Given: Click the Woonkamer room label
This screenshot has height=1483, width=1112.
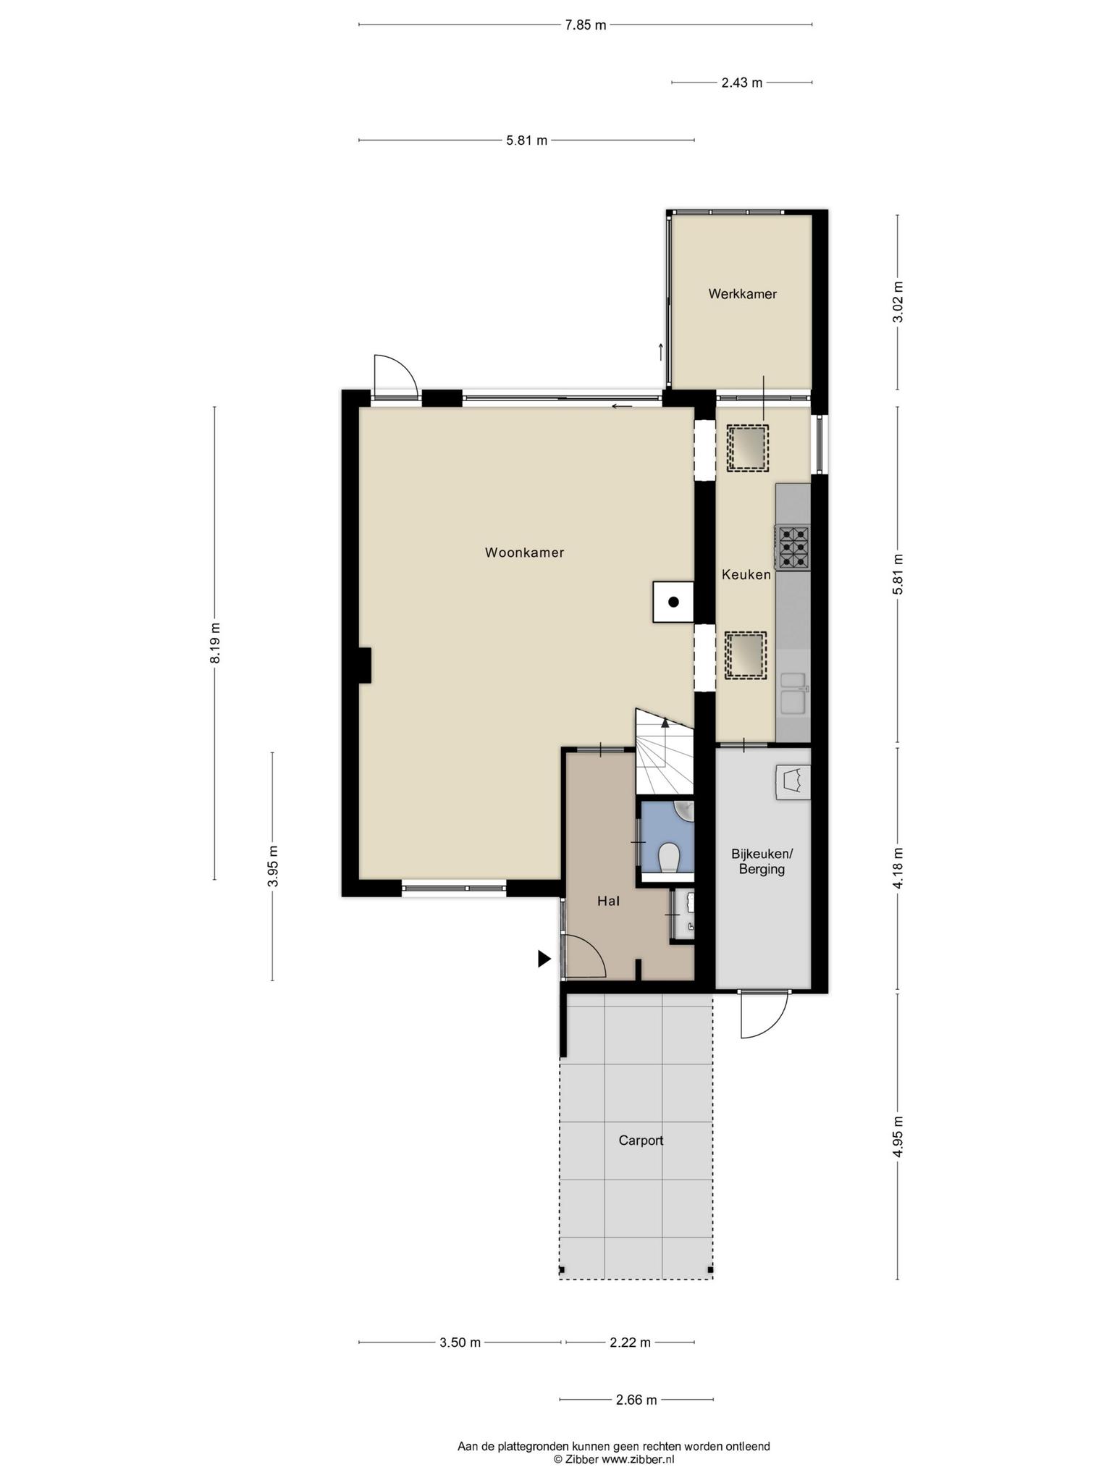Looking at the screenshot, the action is pos(524,553).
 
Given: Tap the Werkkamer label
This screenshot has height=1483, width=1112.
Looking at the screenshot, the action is pos(742,294).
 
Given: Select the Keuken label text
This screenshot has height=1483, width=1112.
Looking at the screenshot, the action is pos(746,575).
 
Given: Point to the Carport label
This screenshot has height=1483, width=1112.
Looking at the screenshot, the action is pos(641,1140).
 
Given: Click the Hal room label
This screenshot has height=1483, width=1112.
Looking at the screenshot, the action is pos(608,902).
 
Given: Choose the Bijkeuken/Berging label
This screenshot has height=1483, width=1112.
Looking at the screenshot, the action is pos(762,861).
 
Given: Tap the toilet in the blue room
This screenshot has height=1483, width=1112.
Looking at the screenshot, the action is pos(669,858).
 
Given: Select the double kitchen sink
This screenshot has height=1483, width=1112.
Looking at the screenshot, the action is pos(793,692).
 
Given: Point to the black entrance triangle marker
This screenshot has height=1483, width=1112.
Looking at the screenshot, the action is pos(544,959).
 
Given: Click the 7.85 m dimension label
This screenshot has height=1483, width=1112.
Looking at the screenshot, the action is pos(585,25).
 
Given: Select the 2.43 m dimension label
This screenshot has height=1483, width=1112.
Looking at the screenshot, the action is pos(741,83).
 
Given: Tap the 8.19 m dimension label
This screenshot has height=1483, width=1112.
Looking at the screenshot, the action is pos(215,643).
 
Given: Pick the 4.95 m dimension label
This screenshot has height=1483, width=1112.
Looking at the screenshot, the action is pos(898,1137).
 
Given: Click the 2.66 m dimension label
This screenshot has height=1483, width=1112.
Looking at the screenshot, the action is pos(636,1400).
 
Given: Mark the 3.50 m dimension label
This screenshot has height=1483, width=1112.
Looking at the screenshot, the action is pos(460,1343).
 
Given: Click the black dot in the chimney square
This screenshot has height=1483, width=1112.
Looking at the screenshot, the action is pos(673,602).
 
